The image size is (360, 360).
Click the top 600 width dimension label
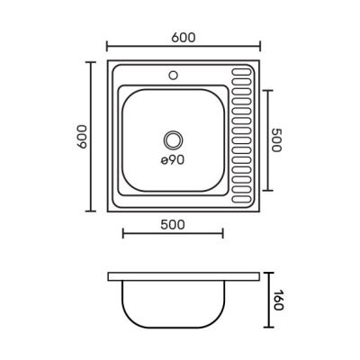pos(184,38)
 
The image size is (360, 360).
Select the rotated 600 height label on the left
pos(82,137)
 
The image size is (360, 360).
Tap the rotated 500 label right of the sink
pos(276,140)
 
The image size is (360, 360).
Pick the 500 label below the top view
pos(173,225)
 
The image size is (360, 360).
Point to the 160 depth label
pos(278,300)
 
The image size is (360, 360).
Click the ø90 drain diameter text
pos(172,160)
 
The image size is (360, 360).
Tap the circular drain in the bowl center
pos(173,140)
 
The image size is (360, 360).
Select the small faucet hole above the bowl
pos(173,75)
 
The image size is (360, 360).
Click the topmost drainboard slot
pos(241,72)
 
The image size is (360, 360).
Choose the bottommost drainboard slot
pos(241,199)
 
